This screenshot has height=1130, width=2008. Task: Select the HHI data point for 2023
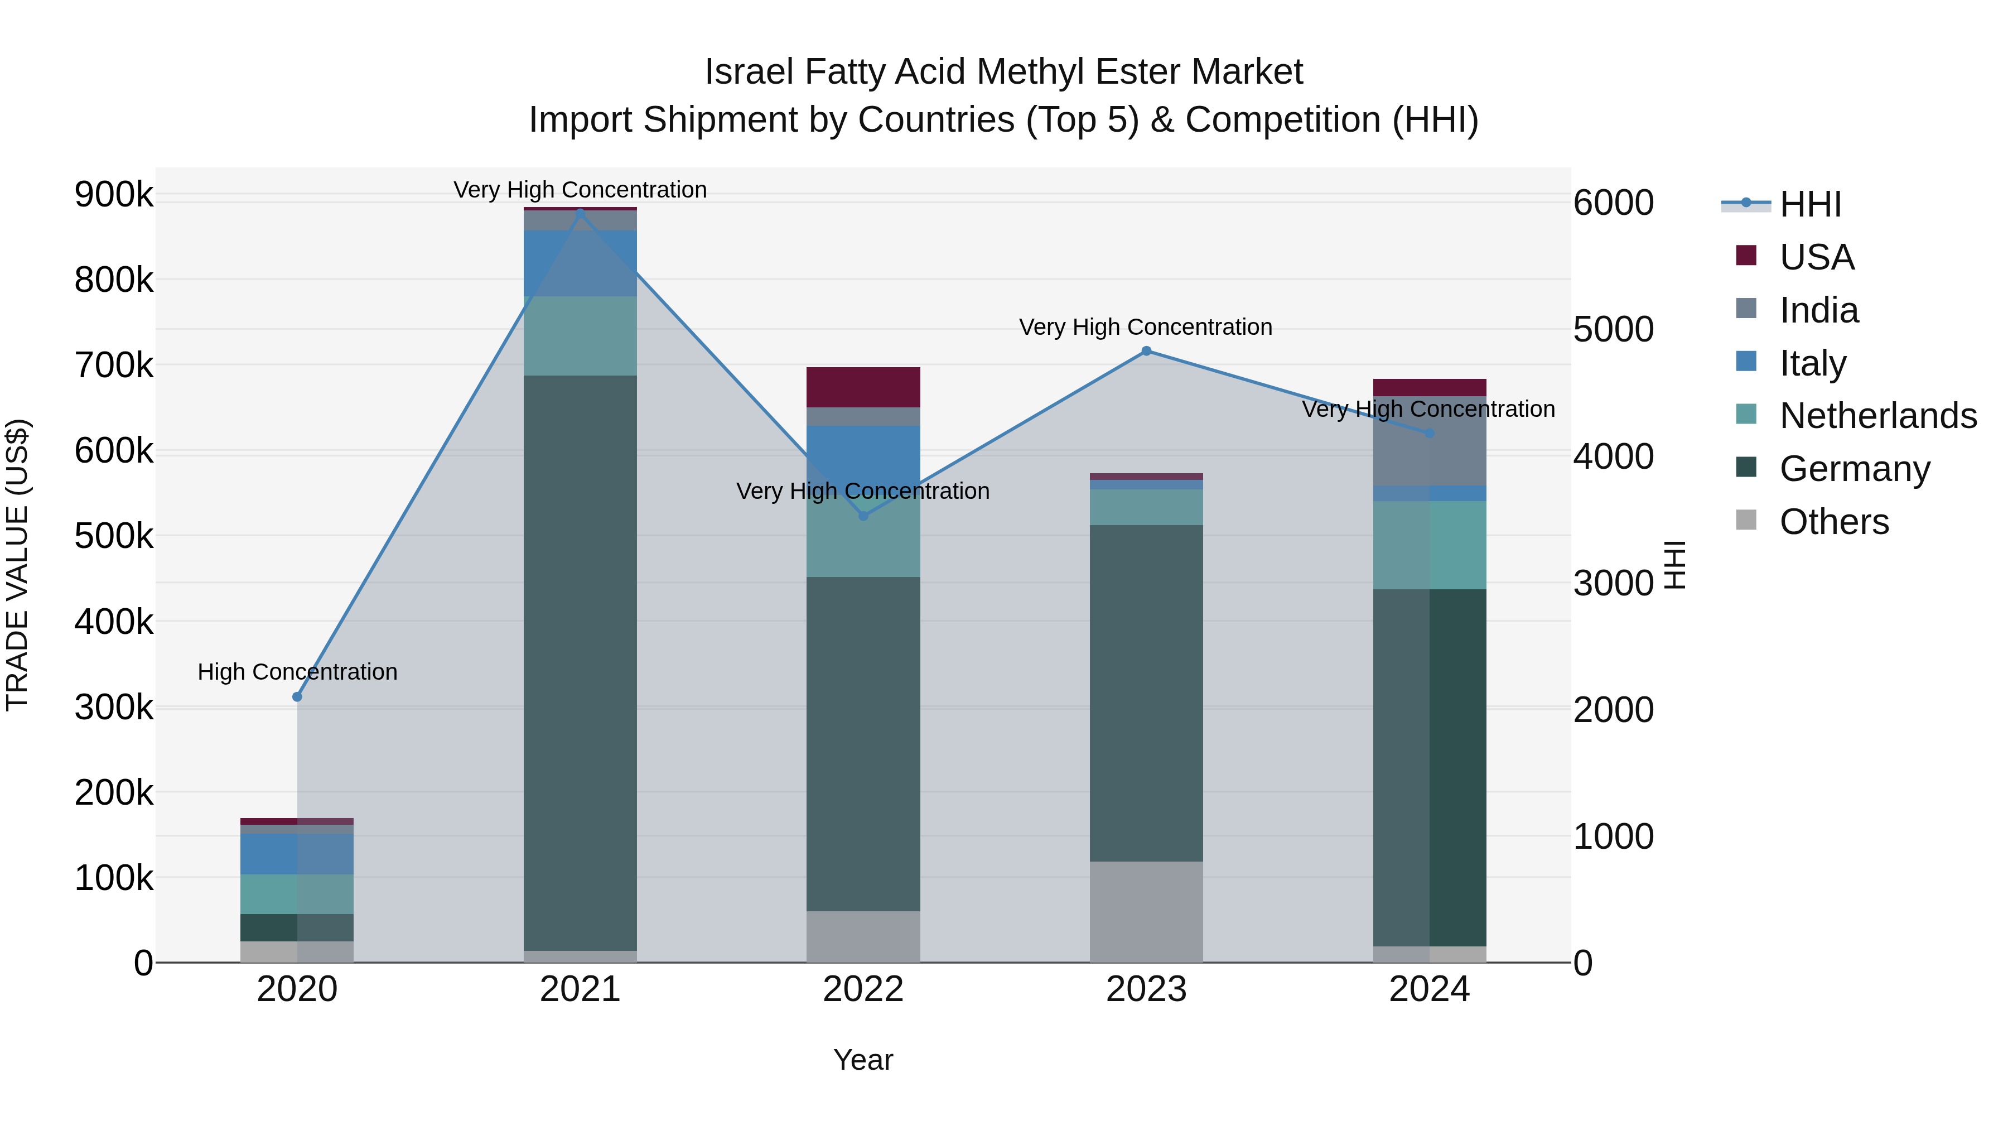[1146, 351]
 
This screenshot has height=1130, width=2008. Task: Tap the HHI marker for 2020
[297, 696]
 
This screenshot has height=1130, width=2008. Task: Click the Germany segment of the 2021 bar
[580, 663]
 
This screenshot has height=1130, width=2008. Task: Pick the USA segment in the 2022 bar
[863, 387]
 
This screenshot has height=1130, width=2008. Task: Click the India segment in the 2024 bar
[1429, 441]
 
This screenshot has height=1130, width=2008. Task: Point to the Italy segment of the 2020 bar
[297, 854]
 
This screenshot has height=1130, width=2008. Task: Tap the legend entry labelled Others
[1833, 522]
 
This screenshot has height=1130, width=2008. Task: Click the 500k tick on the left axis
[114, 536]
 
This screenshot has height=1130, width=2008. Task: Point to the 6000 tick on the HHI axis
[1613, 203]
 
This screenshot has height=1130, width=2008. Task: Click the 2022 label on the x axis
[863, 989]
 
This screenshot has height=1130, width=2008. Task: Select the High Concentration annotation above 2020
[297, 671]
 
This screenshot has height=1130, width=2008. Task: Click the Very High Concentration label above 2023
[1145, 327]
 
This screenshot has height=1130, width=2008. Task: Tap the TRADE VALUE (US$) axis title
[17, 565]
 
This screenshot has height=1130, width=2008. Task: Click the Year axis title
[863, 1060]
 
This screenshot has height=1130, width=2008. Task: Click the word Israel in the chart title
[749, 72]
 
